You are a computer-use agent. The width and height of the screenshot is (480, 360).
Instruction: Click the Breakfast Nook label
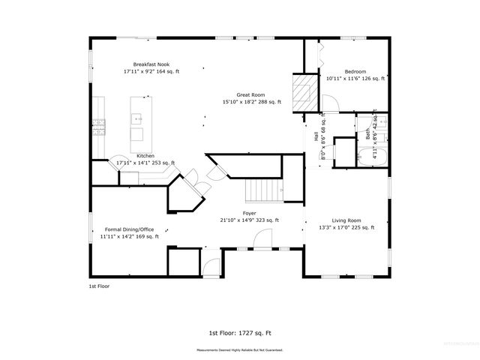tap(151, 64)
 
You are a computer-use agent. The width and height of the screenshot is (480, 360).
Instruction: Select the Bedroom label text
tap(355, 72)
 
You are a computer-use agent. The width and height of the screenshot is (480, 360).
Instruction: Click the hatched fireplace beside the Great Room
tap(301, 91)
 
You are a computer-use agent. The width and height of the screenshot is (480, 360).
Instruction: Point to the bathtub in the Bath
tap(373, 157)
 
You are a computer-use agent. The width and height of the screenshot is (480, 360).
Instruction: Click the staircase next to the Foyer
tap(263, 191)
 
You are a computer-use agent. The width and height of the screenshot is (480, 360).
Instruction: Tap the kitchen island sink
tap(138, 118)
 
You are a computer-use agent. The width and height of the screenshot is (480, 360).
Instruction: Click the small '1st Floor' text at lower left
tap(99, 286)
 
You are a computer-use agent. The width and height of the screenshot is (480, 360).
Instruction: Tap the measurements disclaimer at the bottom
tap(240, 349)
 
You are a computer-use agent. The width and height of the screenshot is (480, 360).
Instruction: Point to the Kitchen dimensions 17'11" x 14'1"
tap(145, 163)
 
